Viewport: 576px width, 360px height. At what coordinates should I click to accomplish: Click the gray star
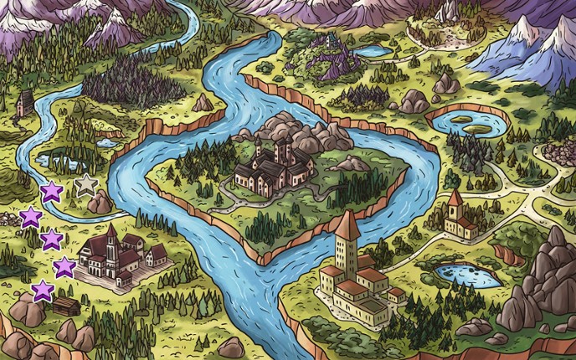(85, 185)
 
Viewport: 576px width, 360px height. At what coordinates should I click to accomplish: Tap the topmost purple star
(52, 192)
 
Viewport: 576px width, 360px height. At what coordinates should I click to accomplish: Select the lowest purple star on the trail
(43, 291)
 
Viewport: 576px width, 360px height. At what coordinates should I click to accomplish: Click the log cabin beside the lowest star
(66, 306)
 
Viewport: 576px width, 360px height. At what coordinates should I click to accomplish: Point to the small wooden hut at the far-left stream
(25, 103)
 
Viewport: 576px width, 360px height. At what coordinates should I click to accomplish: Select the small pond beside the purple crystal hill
(374, 51)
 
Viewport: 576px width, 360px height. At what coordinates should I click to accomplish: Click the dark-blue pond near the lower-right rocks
(470, 275)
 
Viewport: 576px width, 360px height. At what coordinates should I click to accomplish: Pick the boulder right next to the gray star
(100, 203)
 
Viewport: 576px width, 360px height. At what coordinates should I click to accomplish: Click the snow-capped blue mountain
(527, 50)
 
